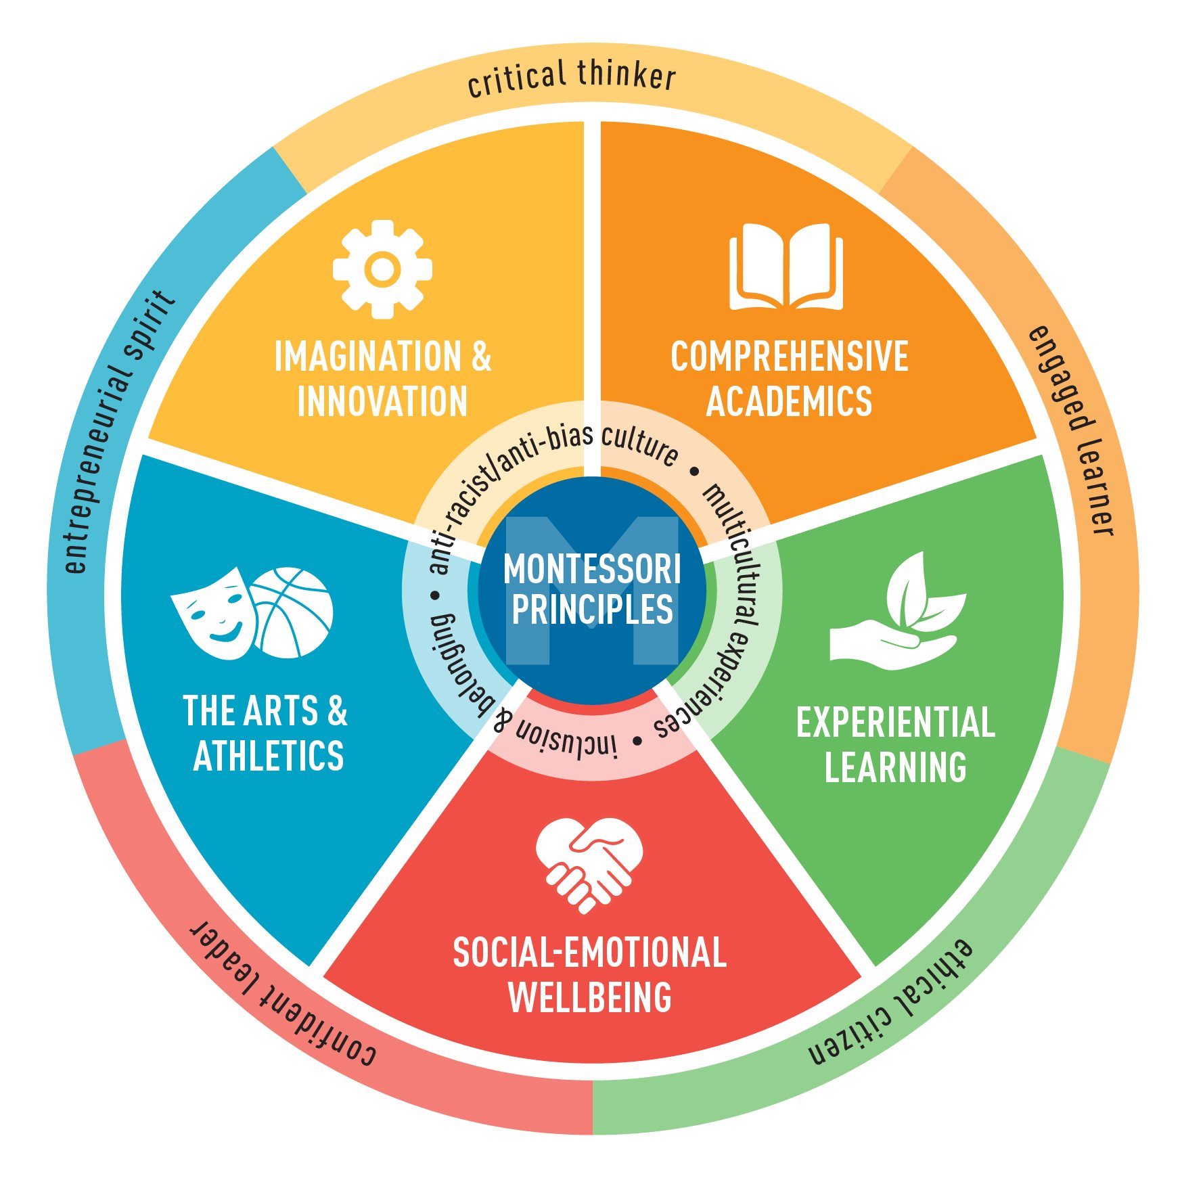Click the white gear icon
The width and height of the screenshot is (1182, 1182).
coord(383,269)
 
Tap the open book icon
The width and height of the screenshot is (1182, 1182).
coord(786,266)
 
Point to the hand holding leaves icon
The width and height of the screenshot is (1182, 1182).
coord(897,611)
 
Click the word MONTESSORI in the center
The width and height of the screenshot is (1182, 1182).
coord(592,569)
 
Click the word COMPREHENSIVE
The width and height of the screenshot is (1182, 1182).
coord(789,357)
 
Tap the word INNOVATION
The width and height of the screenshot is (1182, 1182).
coord(382,401)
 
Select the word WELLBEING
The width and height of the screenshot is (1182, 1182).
coord(590,997)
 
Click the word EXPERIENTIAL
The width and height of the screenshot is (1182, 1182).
coord(896,722)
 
